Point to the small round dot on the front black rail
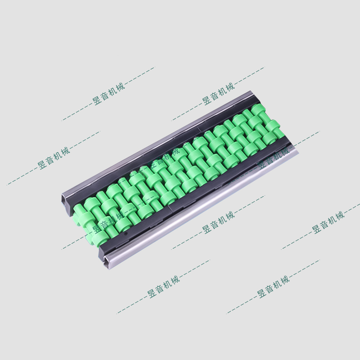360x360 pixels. pos(125,234)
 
